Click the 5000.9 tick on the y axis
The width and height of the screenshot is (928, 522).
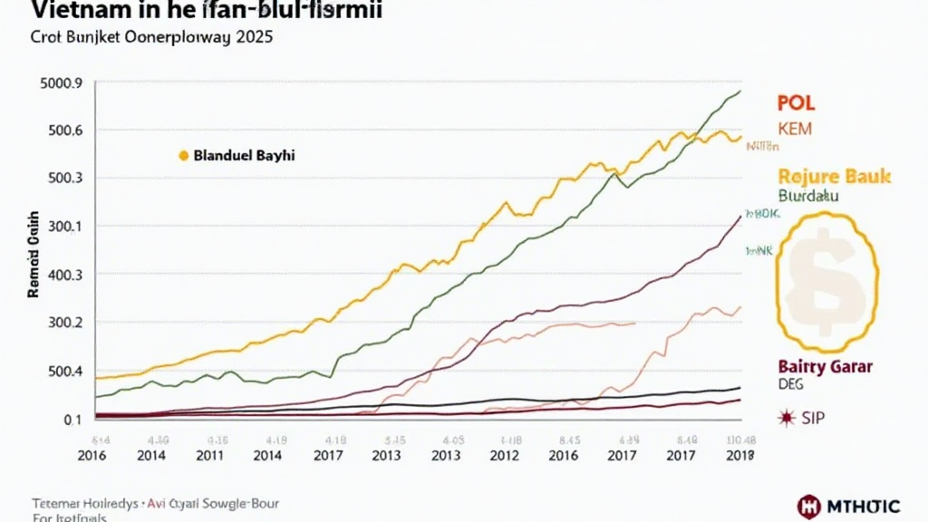tap(63, 83)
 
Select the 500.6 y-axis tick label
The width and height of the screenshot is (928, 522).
tap(66, 130)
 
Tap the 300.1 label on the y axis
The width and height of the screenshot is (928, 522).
tap(66, 226)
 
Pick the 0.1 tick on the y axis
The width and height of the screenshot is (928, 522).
tap(73, 419)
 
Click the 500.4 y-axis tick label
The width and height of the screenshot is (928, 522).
tap(66, 371)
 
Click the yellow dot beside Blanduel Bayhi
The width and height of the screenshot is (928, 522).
tap(182, 156)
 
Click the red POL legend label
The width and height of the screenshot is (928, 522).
tap(797, 102)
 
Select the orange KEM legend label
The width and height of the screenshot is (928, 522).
tap(795, 129)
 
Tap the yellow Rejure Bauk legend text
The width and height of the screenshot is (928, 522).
tap(834, 176)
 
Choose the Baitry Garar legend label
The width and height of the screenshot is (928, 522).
tap(825, 366)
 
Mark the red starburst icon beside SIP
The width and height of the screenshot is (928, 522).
tap(786, 418)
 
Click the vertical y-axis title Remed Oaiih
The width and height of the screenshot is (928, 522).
tap(33, 256)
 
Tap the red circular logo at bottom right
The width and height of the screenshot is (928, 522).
tap(809, 506)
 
